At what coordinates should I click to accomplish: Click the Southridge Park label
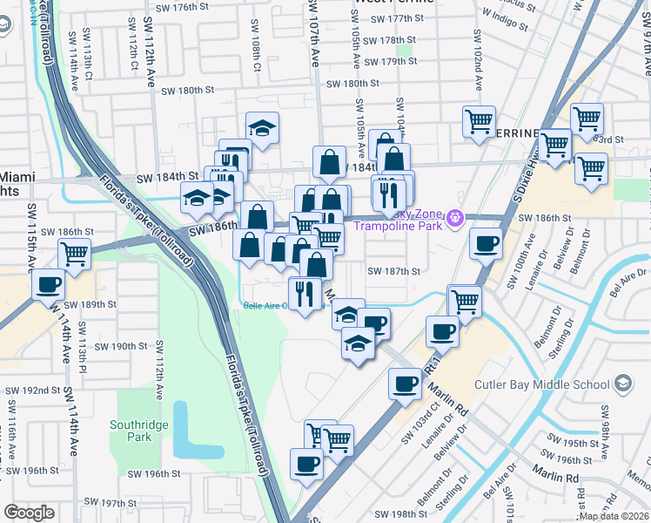137,431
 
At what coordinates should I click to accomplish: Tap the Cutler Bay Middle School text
541,384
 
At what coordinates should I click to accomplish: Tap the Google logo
30,513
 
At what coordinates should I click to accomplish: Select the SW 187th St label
393,272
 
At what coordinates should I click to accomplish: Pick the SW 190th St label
121,346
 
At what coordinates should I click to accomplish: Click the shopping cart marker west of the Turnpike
75,254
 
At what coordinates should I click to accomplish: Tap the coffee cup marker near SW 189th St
49,285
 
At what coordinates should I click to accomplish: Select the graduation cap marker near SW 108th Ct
262,127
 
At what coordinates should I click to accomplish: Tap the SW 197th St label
125,504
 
